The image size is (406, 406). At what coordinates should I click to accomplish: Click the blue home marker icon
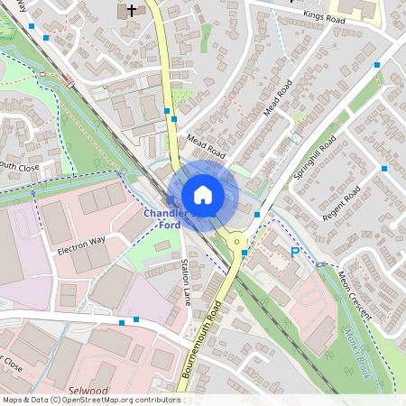(203, 195)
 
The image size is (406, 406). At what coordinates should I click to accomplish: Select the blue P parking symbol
(294, 254)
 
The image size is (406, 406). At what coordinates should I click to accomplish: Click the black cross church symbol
(132, 11)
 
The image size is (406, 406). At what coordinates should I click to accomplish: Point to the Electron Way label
(81, 244)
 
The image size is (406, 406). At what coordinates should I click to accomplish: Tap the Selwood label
(87, 391)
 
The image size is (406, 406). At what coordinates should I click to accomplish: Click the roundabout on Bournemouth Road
(237, 241)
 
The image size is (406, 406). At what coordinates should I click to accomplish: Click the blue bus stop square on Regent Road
(383, 169)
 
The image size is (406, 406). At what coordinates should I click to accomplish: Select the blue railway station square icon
(171, 199)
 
